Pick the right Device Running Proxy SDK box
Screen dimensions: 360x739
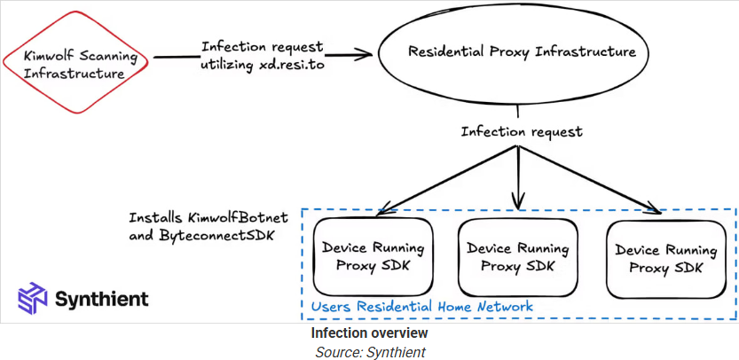(665, 257)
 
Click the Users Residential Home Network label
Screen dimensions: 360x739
(422, 307)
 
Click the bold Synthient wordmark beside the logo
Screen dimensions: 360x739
(101, 299)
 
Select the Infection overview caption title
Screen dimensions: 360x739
(369, 333)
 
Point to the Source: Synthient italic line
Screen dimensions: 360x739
(369, 351)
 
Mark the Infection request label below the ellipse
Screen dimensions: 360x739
(522, 132)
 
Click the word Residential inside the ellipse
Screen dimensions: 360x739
(448, 51)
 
